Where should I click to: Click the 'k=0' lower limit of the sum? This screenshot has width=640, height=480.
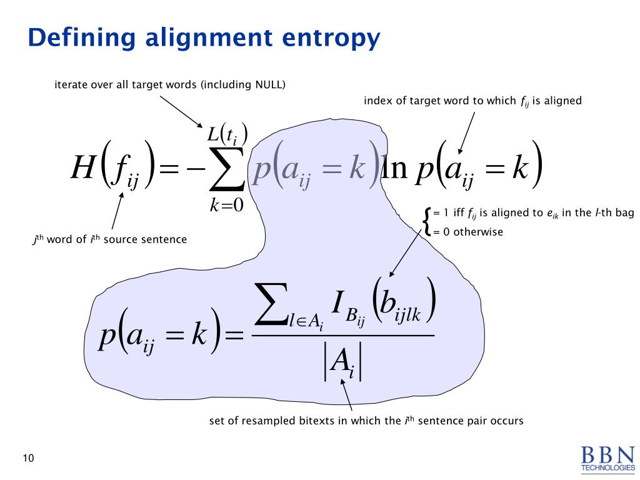(x=226, y=205)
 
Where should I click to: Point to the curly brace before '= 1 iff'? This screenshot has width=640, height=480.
(x=427, y=222)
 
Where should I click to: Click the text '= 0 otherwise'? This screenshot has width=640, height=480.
(x=468, y=232)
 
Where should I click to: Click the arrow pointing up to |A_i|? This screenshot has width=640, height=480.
(x=347, y=396)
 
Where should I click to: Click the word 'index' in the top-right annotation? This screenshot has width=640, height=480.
(x=376, y=100)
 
